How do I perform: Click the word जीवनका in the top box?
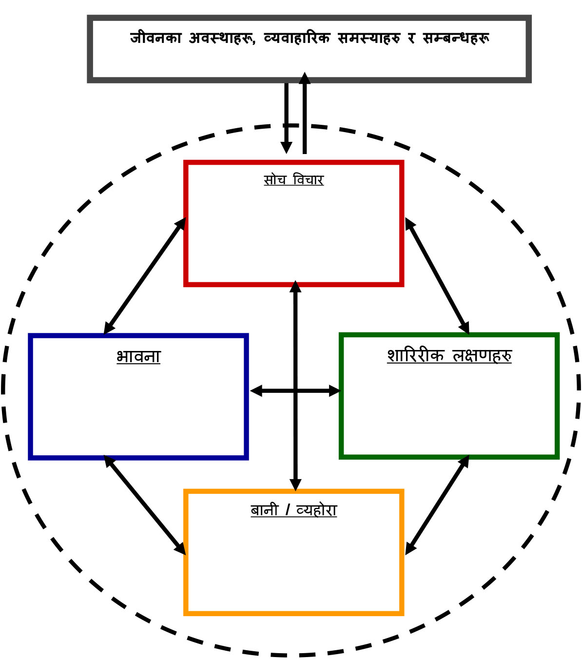point(155,38)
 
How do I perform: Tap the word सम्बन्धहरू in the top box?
point(455,38)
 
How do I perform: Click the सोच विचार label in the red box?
point(293,180)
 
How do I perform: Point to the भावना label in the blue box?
point(138,356)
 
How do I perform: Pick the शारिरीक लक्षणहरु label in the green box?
point(449,355)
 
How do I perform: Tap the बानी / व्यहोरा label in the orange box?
point(293,510)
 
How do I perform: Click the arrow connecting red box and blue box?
point(145,276)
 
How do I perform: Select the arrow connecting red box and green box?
point(437,276)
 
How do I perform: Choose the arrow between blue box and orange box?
point(145,505)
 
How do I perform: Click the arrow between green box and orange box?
point(437,505)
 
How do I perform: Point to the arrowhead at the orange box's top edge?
point(295,485)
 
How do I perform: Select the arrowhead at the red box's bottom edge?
point(295,287)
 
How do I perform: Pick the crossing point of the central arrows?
point(295,390)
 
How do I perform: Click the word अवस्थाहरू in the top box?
point(222,38)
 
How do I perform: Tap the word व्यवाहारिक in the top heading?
point(296,38)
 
